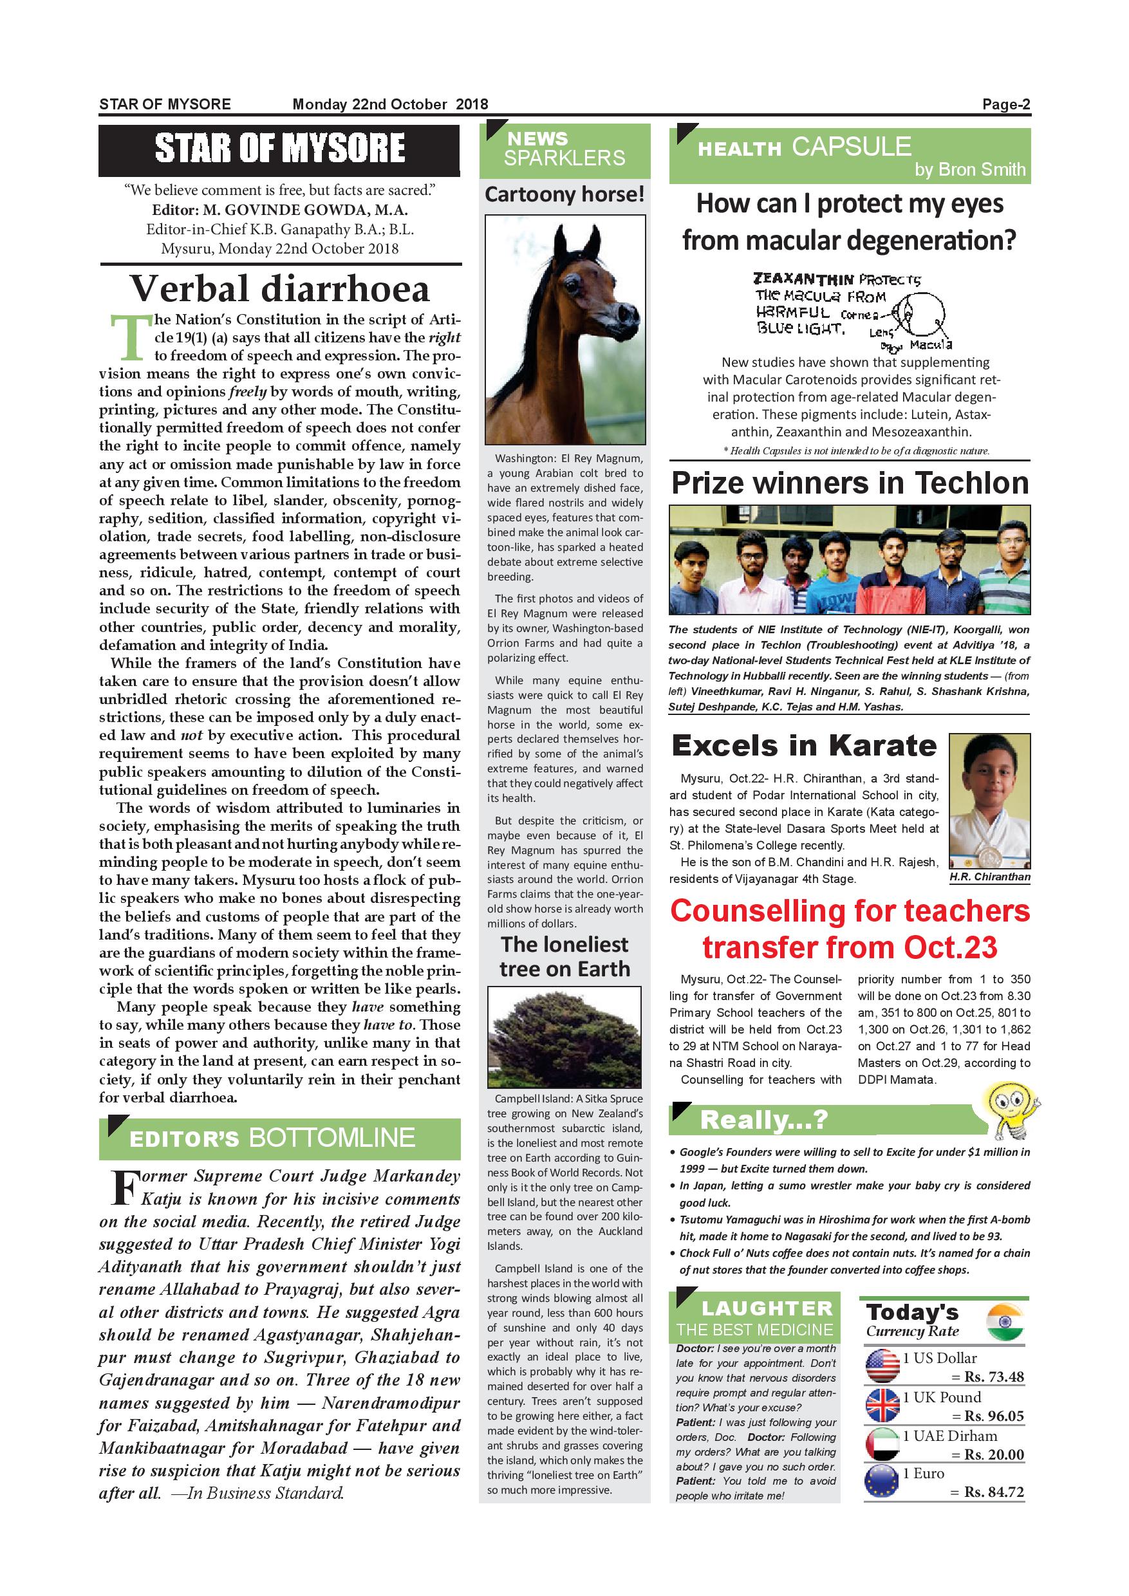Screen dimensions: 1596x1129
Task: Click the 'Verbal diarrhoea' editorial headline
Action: [x=279, y=289]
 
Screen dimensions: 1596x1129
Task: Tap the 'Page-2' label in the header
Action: [x=1005, y=104]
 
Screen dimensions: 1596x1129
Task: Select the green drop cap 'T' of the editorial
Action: [x=130, y=339]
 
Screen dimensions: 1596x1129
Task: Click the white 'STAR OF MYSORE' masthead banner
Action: [x=279, y=149]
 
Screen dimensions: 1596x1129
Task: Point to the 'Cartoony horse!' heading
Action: [x=564, y=194]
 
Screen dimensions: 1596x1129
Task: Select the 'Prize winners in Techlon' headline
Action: [x=850, y=483]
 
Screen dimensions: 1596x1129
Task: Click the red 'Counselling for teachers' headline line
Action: [x=850, y=911]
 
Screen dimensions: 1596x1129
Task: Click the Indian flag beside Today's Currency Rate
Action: [x=1005, y=1322]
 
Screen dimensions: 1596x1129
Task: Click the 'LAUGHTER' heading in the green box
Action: [x=767, y=1308]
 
